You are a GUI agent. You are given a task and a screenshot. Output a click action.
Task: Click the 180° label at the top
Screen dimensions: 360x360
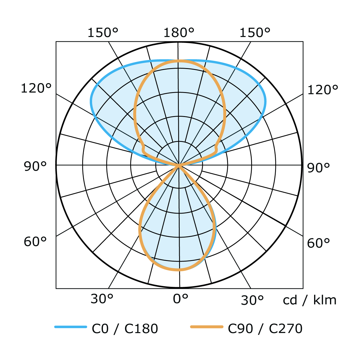179,32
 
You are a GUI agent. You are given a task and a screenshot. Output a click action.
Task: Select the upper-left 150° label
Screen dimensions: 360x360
103,32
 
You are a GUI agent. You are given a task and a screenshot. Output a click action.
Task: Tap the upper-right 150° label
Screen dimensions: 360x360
255,32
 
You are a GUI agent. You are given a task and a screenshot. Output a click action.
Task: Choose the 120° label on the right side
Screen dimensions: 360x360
323,90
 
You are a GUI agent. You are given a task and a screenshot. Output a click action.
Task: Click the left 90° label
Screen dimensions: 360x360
35,166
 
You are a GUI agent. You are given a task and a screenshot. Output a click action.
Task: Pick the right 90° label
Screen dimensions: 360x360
319,168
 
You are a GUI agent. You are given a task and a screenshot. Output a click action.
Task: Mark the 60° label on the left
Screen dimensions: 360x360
35,241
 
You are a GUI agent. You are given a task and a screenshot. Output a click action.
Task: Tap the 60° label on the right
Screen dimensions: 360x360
319,243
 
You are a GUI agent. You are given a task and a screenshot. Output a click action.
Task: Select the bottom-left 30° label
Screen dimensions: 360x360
102,299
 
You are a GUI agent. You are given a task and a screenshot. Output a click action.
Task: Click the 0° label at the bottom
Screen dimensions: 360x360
181,299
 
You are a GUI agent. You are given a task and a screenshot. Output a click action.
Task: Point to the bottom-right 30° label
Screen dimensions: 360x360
252,300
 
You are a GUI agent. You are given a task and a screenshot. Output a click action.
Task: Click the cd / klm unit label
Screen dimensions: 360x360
310,300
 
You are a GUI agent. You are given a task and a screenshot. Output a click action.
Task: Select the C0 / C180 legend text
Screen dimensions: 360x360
125,329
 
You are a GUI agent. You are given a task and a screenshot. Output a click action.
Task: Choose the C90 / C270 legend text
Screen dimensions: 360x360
265,329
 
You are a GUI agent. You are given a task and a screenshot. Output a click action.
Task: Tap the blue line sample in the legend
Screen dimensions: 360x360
70,327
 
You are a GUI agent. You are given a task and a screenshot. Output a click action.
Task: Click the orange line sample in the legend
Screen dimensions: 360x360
207,327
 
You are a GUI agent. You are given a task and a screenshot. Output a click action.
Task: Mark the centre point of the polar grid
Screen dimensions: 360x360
179,165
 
